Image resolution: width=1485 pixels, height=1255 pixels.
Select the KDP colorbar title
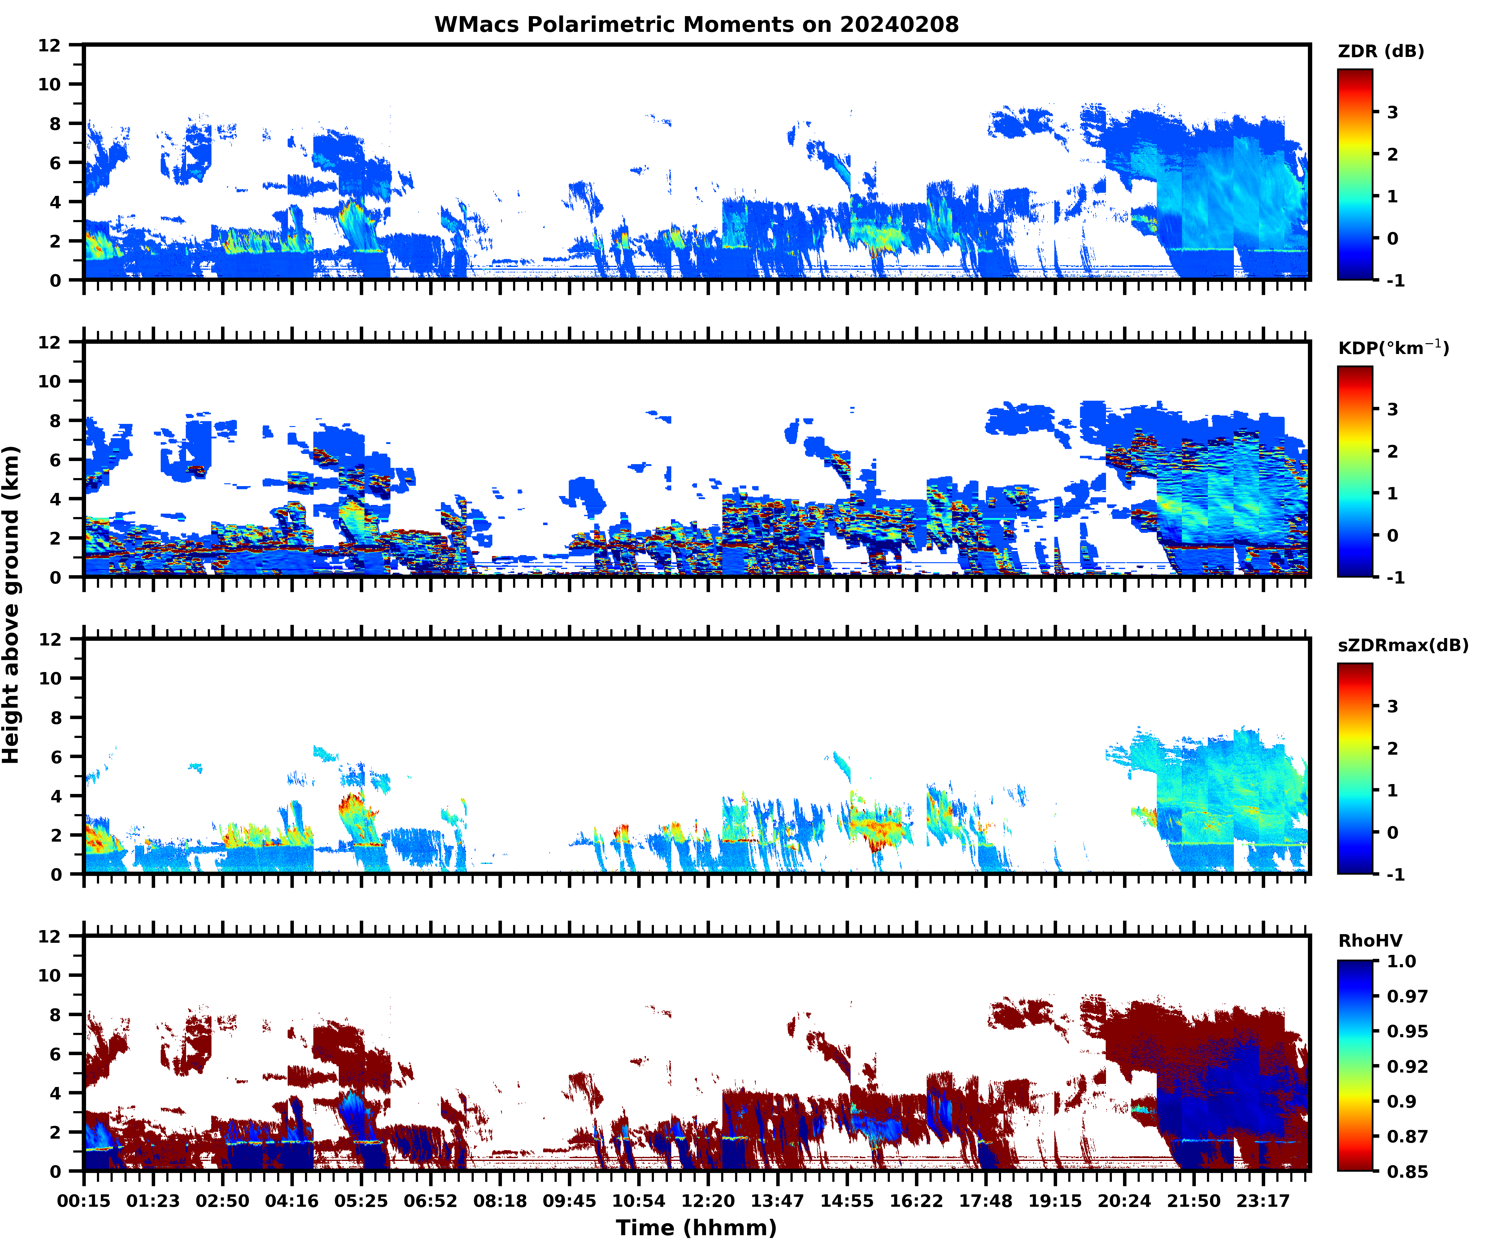1392,348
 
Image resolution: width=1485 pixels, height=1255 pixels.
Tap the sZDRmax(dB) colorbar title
1402,645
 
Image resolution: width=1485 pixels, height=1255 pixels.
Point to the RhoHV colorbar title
1370,941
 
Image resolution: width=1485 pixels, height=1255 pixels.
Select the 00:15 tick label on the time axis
84,1201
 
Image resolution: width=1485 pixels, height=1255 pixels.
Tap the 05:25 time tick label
361,1201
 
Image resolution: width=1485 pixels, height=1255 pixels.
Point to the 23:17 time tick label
1263,1201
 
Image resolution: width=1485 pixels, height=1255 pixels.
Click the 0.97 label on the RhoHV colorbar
1407,996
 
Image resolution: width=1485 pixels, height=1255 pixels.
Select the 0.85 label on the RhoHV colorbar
1407,1171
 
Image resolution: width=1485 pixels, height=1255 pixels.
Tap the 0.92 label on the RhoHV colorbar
1407,1066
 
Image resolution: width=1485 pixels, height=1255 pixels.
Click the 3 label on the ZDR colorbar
1392,112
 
